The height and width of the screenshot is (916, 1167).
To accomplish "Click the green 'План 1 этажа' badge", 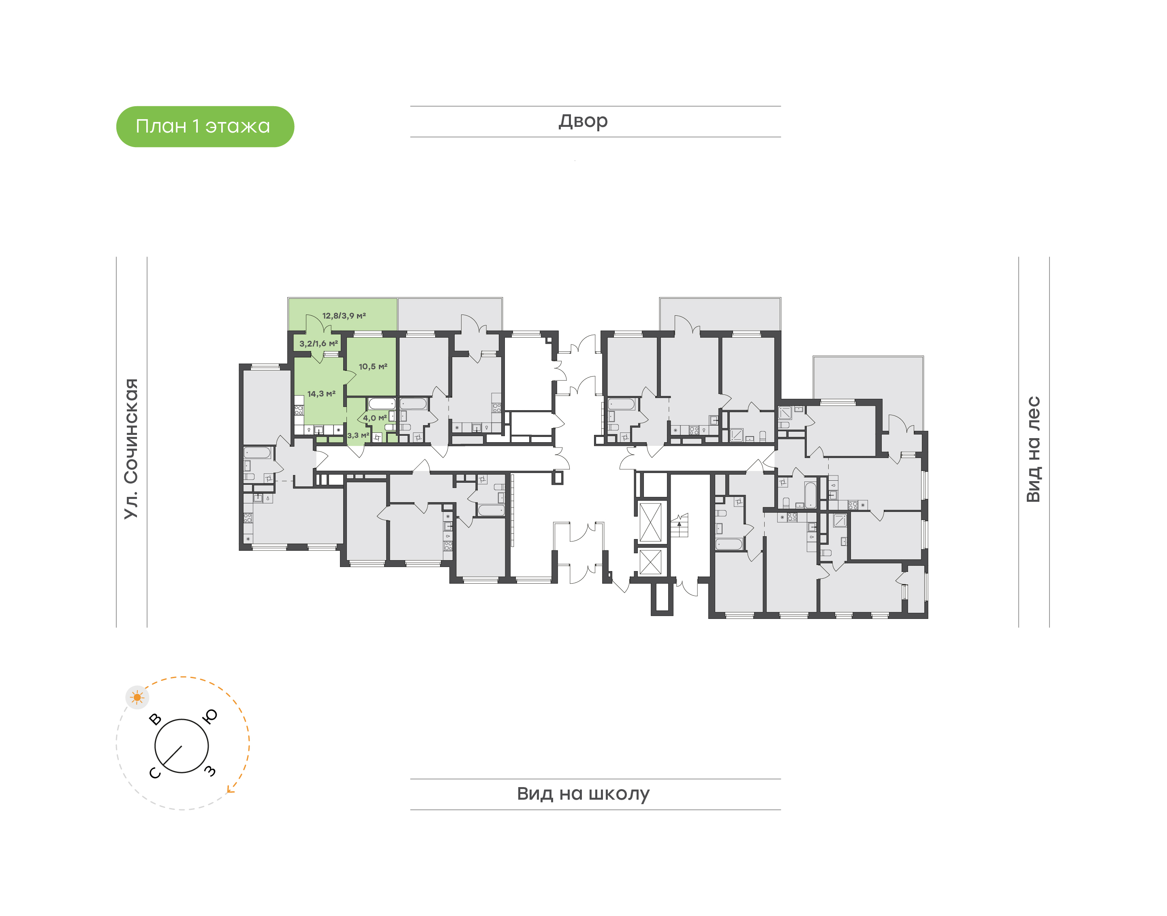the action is [205, 126].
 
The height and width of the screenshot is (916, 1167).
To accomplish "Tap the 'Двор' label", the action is [583, 121].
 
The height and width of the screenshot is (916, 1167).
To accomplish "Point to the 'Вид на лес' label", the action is [1033, 449].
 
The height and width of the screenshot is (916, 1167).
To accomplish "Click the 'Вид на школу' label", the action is [583, 794].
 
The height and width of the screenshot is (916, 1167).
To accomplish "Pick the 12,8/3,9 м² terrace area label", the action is [344, 316].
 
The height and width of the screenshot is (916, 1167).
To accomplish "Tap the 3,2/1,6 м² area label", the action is [319, 343].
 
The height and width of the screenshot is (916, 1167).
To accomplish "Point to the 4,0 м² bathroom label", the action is [375, 418].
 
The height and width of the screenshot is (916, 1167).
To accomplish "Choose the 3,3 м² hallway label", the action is [359, 435].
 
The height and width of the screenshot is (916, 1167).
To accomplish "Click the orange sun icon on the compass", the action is [137, 697].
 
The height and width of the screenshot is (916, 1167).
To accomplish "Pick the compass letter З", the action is [210, 771].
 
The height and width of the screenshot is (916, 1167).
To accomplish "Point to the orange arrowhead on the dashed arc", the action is [230, 789].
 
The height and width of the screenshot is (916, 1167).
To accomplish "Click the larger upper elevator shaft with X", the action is [651, 522].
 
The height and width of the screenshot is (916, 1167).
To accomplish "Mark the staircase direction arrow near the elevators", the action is [679, 522].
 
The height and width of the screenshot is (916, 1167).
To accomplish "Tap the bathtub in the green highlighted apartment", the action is [382, 404].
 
